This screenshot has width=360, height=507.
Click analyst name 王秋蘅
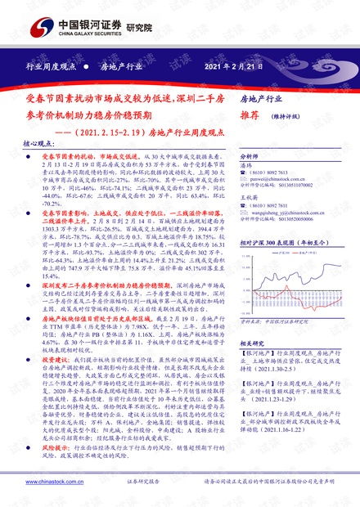pos(249,197)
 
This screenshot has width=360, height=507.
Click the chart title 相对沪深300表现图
pos(282,244)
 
